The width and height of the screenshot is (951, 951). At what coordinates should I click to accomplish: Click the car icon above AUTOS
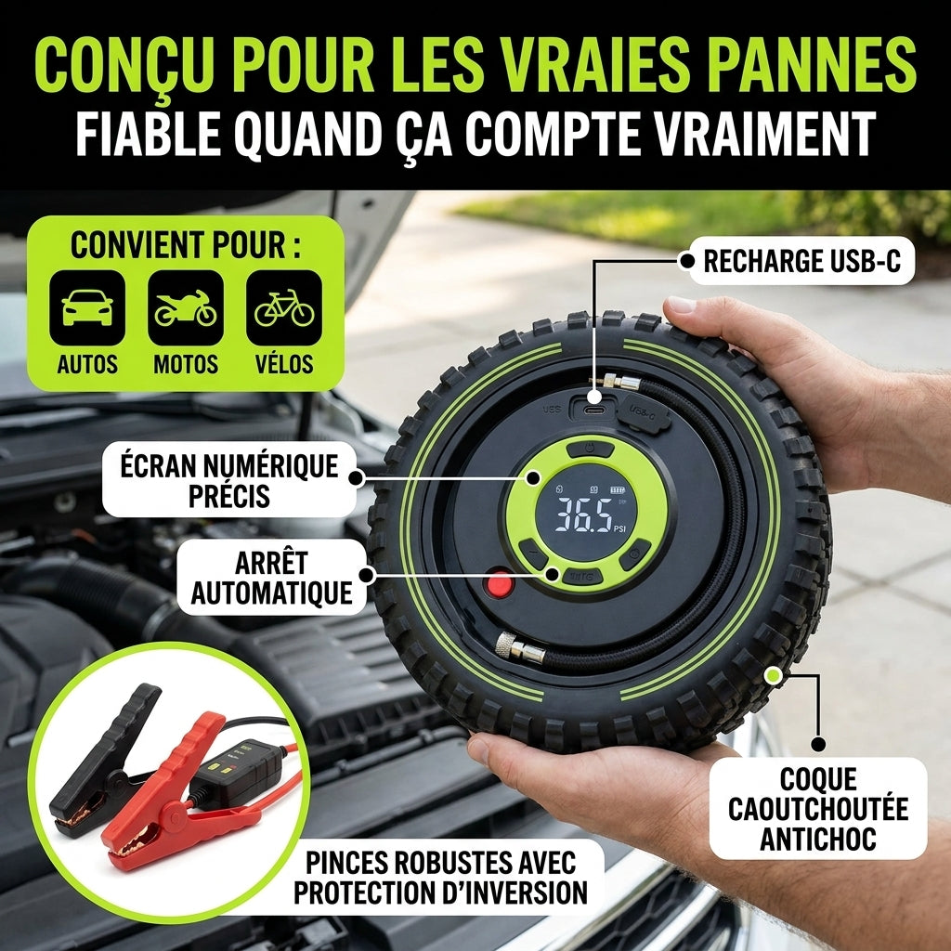click(87, 307)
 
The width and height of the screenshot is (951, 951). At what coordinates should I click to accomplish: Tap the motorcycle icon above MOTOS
click(186, 307)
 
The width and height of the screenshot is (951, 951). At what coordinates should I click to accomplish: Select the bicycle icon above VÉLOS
click(284, 307)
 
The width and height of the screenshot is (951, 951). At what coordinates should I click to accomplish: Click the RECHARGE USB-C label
click(801, 261)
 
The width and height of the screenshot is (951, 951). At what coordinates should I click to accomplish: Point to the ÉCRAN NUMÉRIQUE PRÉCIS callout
click(229, 480)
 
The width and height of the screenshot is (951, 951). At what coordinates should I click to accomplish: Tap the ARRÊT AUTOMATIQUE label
click(272, 578)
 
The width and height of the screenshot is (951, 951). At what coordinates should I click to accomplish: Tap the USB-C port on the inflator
click(594, 410)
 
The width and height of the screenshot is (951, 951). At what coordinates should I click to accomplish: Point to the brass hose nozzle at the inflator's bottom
click(520, 648)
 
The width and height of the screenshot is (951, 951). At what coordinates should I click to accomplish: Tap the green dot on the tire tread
click(773, 675)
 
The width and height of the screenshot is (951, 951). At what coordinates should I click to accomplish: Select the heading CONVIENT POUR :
click(186, 245)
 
